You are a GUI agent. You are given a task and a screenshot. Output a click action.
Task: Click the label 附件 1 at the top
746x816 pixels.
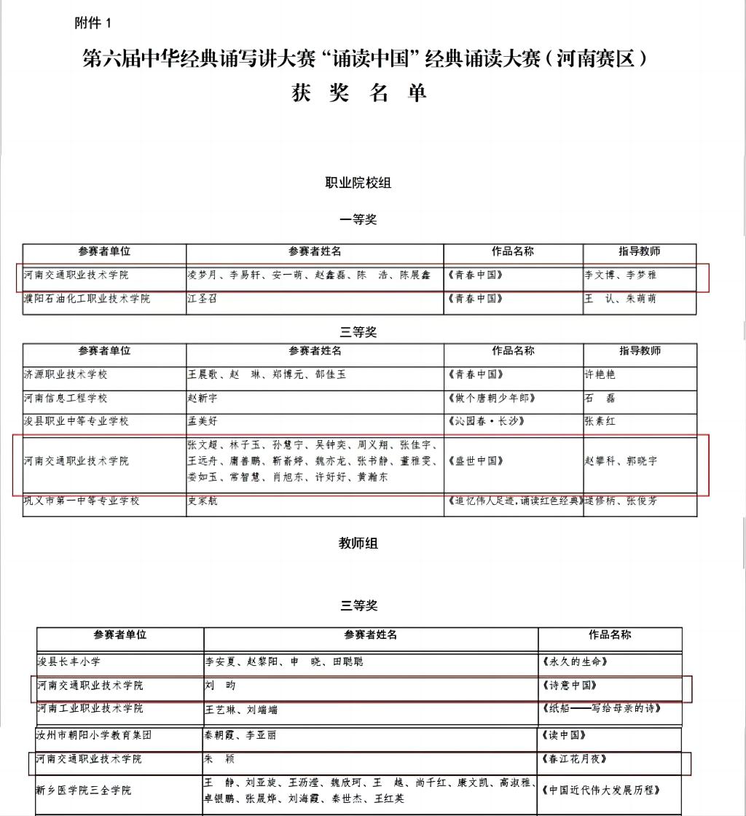coord(93,23)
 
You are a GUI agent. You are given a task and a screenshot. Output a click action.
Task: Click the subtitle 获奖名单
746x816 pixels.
coord(358,93)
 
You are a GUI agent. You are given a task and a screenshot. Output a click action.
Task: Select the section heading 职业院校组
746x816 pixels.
coord(358,183)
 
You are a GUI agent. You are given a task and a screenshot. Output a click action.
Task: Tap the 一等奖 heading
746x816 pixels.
coord(358,219)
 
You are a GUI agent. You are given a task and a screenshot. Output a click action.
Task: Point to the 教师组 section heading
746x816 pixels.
coord(358,543)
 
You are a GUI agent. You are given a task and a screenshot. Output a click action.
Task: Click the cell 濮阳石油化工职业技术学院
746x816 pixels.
coord(87,299)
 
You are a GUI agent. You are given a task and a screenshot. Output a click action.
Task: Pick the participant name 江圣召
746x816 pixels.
coord(203,299)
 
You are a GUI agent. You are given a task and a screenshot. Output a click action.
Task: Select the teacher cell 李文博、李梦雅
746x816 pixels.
coord(621,275)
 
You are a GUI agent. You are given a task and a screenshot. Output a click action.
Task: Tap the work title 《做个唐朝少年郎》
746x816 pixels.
coord(493,399)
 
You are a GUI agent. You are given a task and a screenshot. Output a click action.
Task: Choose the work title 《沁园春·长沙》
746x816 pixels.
coord(487,422)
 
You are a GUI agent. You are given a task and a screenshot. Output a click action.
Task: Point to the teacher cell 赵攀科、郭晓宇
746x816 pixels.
coord(621,461)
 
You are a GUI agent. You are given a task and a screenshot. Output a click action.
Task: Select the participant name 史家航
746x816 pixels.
coord(203,501)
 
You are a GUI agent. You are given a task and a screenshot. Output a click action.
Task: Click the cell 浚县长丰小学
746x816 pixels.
coord(69,662)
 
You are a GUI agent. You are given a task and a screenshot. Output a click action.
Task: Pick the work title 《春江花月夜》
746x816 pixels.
coord(575,759)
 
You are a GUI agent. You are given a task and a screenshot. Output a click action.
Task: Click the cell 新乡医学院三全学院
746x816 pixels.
coord(84,790)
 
